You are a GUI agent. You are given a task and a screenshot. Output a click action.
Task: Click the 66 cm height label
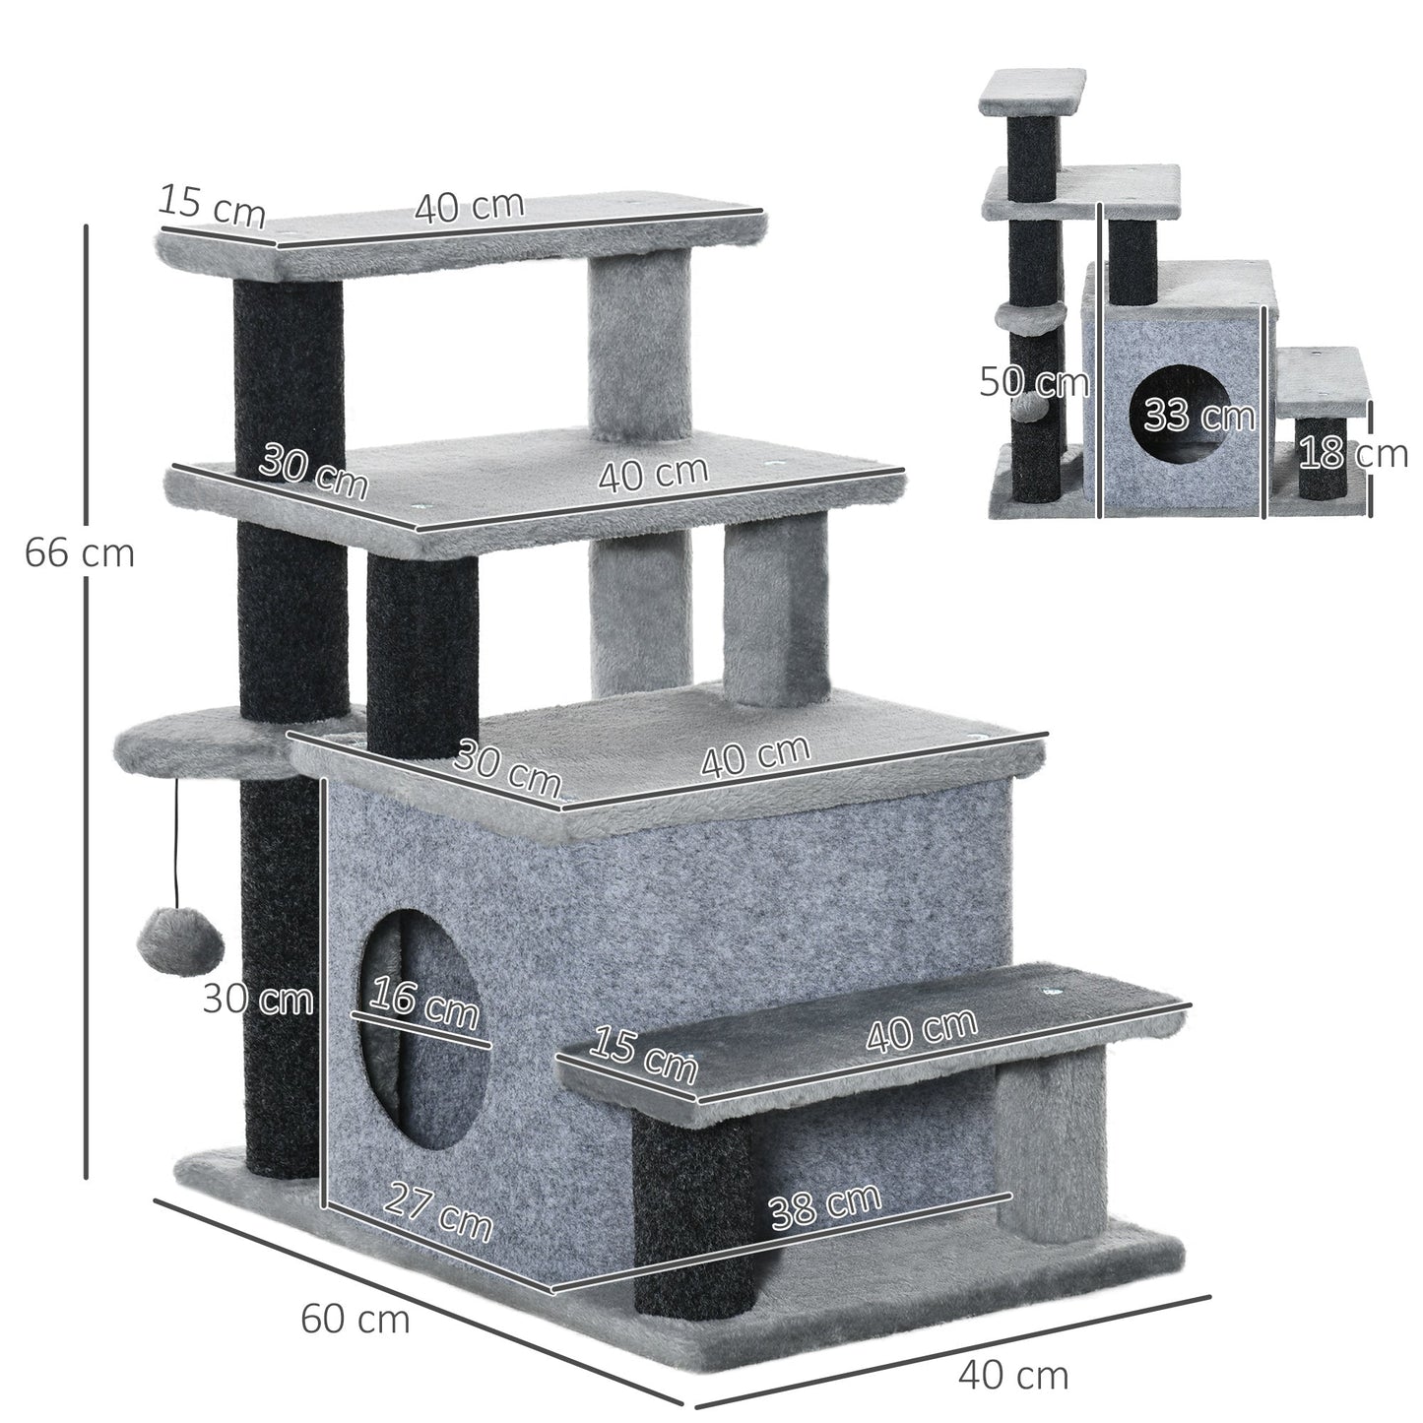click(79, 552)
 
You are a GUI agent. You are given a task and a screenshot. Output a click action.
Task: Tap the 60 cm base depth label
click(355, 1318)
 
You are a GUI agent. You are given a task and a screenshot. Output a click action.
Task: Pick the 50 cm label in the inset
click(1033, 381)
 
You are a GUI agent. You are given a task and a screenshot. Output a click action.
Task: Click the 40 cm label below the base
click(1013, 1375)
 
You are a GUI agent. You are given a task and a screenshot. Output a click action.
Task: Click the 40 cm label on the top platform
click(469, 207)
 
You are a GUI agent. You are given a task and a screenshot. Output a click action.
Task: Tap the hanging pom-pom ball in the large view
click(180, 938)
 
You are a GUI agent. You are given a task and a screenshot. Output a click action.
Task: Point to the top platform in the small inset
click(1032, 92)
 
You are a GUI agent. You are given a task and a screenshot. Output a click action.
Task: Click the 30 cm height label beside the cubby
click(258, 999)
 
